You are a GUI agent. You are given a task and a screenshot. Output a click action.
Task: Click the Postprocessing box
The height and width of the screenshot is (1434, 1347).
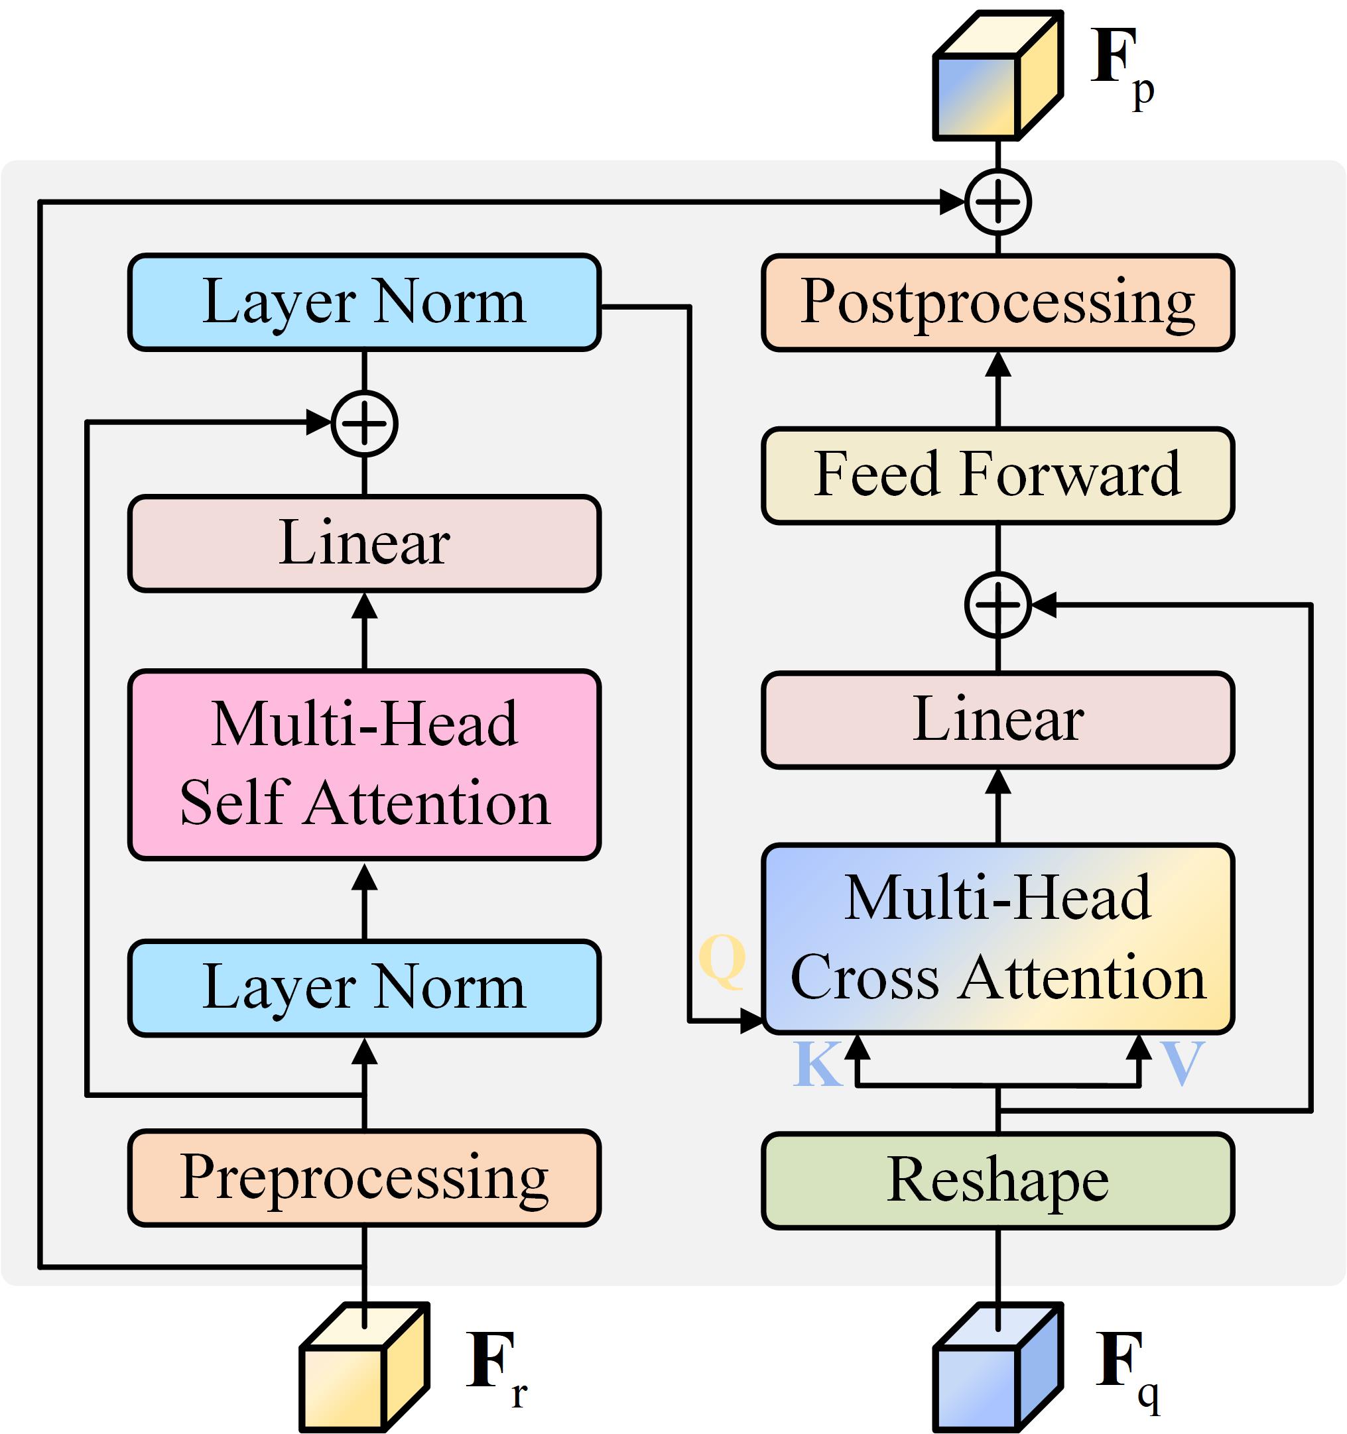pos(997,303)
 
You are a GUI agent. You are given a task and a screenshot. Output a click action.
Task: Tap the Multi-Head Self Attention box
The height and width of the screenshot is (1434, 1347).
pos(364,764)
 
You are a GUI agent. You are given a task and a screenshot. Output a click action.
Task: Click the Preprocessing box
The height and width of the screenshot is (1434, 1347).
pos(364,1178)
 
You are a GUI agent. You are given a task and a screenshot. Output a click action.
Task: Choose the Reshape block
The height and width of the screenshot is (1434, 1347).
pos(997,1180)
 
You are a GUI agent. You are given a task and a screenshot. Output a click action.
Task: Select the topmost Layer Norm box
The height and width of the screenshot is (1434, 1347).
pos(364,302)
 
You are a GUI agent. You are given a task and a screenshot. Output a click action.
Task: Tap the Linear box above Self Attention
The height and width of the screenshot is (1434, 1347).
pos(364,543)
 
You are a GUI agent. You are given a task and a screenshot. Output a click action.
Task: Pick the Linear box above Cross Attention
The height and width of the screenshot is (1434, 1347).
pos(997,720)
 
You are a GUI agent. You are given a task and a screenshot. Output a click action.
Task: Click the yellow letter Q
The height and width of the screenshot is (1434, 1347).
pos(722,959)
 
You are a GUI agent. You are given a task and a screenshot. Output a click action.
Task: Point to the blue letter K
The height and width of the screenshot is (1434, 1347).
pos(818,1063)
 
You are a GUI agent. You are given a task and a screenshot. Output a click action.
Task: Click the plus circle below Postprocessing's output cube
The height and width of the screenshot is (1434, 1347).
pos(997,203)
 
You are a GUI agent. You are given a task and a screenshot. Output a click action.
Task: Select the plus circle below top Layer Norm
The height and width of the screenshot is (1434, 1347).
pos(364,424)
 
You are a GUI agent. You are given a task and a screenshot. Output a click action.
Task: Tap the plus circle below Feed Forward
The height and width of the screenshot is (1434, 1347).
pos(997,605)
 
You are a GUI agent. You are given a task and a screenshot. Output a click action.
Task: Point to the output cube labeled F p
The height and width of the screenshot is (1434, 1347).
pos(997,76)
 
